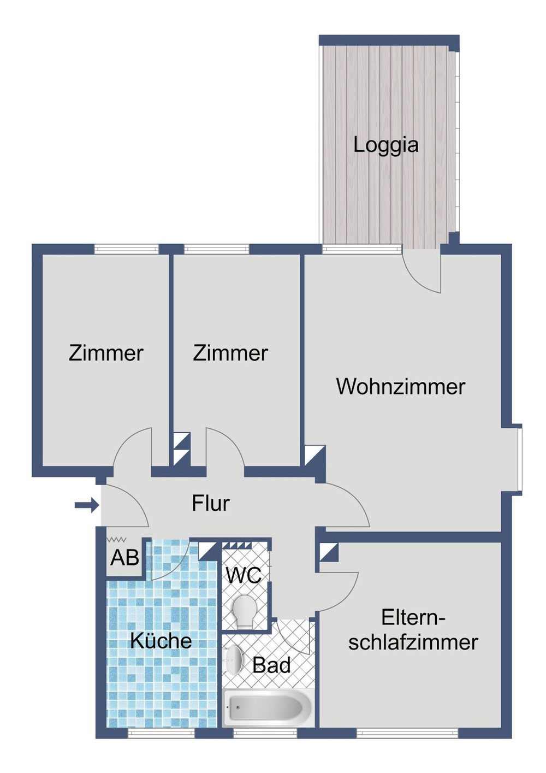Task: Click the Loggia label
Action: (385, 145)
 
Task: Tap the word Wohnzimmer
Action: (400, 387)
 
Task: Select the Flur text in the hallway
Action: (210, 503)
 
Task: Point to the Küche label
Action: (161, 641)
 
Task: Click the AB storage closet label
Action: (124, 558)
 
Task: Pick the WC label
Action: (244, 575)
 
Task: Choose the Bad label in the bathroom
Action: (271, 665)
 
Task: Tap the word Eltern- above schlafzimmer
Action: (413, 618)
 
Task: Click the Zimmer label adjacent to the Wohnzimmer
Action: (230, 353)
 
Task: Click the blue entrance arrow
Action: (86, 505)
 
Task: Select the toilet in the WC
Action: (244, 611)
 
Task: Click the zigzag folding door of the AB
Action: (116, 540)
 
